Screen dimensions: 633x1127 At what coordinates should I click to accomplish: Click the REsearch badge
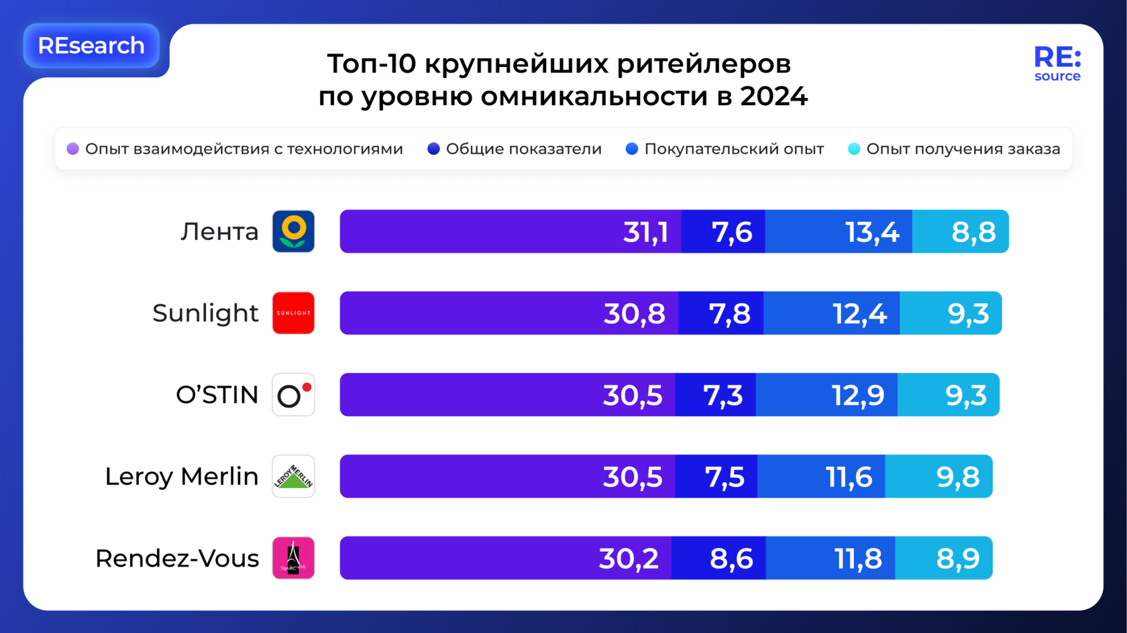91,46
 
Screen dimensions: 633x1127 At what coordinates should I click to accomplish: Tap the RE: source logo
1057,64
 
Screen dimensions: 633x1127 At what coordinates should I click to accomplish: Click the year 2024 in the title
774,97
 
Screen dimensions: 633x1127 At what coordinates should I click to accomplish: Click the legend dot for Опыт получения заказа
854,149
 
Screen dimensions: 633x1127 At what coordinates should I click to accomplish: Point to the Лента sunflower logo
293,231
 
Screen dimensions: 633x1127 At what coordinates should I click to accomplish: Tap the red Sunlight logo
293,313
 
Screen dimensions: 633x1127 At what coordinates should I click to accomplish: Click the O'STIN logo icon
293,395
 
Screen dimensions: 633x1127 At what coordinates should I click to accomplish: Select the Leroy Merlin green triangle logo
293,477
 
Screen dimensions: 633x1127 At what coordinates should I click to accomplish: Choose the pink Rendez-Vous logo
293,558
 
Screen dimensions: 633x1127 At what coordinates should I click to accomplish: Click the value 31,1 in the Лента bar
645,232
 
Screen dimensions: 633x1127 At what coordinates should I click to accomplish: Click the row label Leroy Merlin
181,477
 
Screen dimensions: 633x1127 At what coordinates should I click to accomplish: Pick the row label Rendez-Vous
177,558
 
